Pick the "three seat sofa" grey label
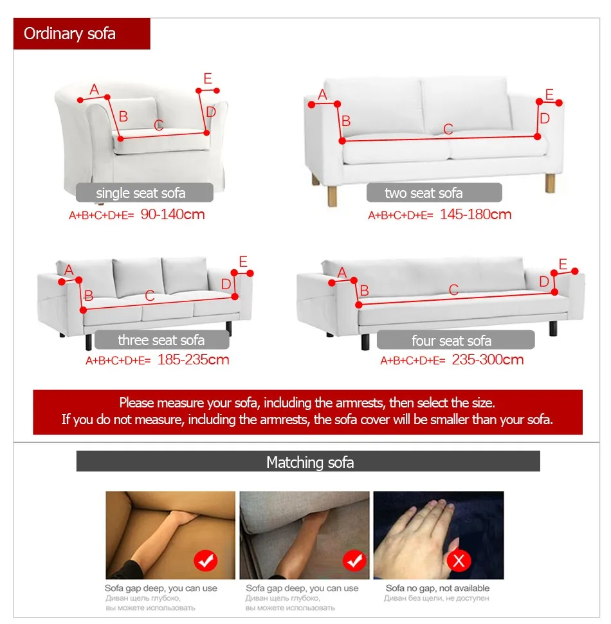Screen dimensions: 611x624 click(161, 340)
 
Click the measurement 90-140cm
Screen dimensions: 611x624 click(172, 215)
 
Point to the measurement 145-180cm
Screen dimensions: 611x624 click(475, 215)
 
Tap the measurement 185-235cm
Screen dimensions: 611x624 click(193, 360)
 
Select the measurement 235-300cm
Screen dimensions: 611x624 click(488, 360)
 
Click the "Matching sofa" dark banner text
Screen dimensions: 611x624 click(310, 463)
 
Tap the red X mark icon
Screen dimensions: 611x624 click(459, 561)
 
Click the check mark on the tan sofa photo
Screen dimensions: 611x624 click(206, 561)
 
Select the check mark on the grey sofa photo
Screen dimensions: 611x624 click(354, 561)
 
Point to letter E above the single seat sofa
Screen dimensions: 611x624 click(208, 78)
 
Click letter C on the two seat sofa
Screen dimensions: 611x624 click(448, 129)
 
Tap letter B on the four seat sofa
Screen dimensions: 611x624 click(364, 291)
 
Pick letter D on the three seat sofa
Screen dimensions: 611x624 click(226, 284)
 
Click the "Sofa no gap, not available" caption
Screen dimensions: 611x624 click(437, 588)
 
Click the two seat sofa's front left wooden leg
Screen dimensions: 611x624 click(332, 197)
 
